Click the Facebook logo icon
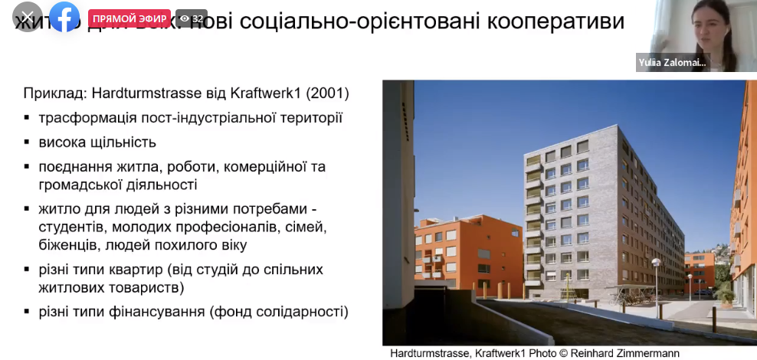(64, 18)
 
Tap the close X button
(28, 18)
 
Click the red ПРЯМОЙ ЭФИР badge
(129, 18)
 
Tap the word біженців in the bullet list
(66, 245)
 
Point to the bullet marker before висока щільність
(27, 142)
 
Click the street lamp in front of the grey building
(656, 283)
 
